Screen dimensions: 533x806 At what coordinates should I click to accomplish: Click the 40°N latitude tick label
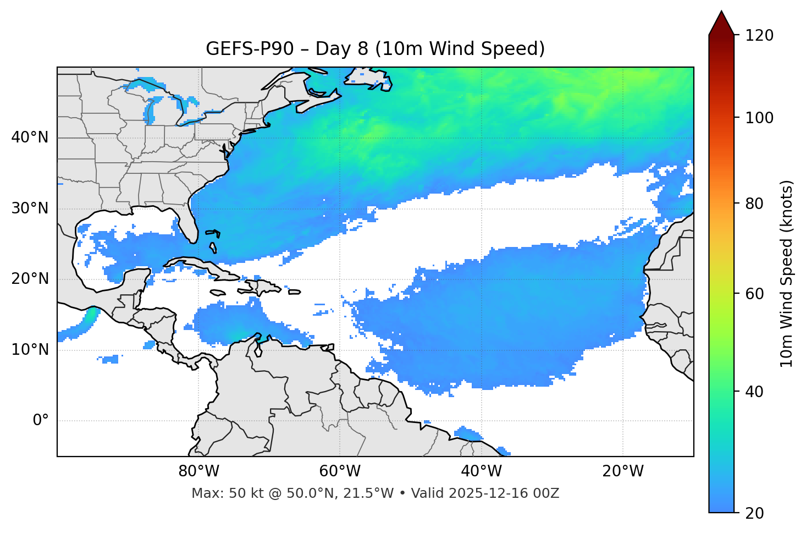(30, 138)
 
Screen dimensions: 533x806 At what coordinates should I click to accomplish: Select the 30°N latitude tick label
(30, 208)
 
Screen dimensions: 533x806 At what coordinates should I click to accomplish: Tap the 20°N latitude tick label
(30, 279)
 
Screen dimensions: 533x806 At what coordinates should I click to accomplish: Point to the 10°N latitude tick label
(30, 350)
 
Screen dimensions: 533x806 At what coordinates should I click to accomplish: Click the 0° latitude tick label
(41, 421)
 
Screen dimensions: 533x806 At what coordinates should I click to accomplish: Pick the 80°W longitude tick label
(198, 471)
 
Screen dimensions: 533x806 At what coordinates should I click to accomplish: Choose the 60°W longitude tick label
(340, 471)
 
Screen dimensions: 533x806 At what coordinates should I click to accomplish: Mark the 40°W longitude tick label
(481, 471)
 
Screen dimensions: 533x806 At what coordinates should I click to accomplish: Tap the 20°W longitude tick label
(622, 471)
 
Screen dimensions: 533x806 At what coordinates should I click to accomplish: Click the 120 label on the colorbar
(759, 36)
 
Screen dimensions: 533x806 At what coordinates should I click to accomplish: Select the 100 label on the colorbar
(759, 118)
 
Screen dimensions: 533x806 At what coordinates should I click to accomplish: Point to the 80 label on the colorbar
(755, 204)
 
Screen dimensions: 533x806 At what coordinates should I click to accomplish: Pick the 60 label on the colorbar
(755, 294)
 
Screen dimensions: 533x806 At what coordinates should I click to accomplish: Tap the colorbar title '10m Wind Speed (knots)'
(787, 273)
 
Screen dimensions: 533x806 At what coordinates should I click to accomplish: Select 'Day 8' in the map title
(341, 49)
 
